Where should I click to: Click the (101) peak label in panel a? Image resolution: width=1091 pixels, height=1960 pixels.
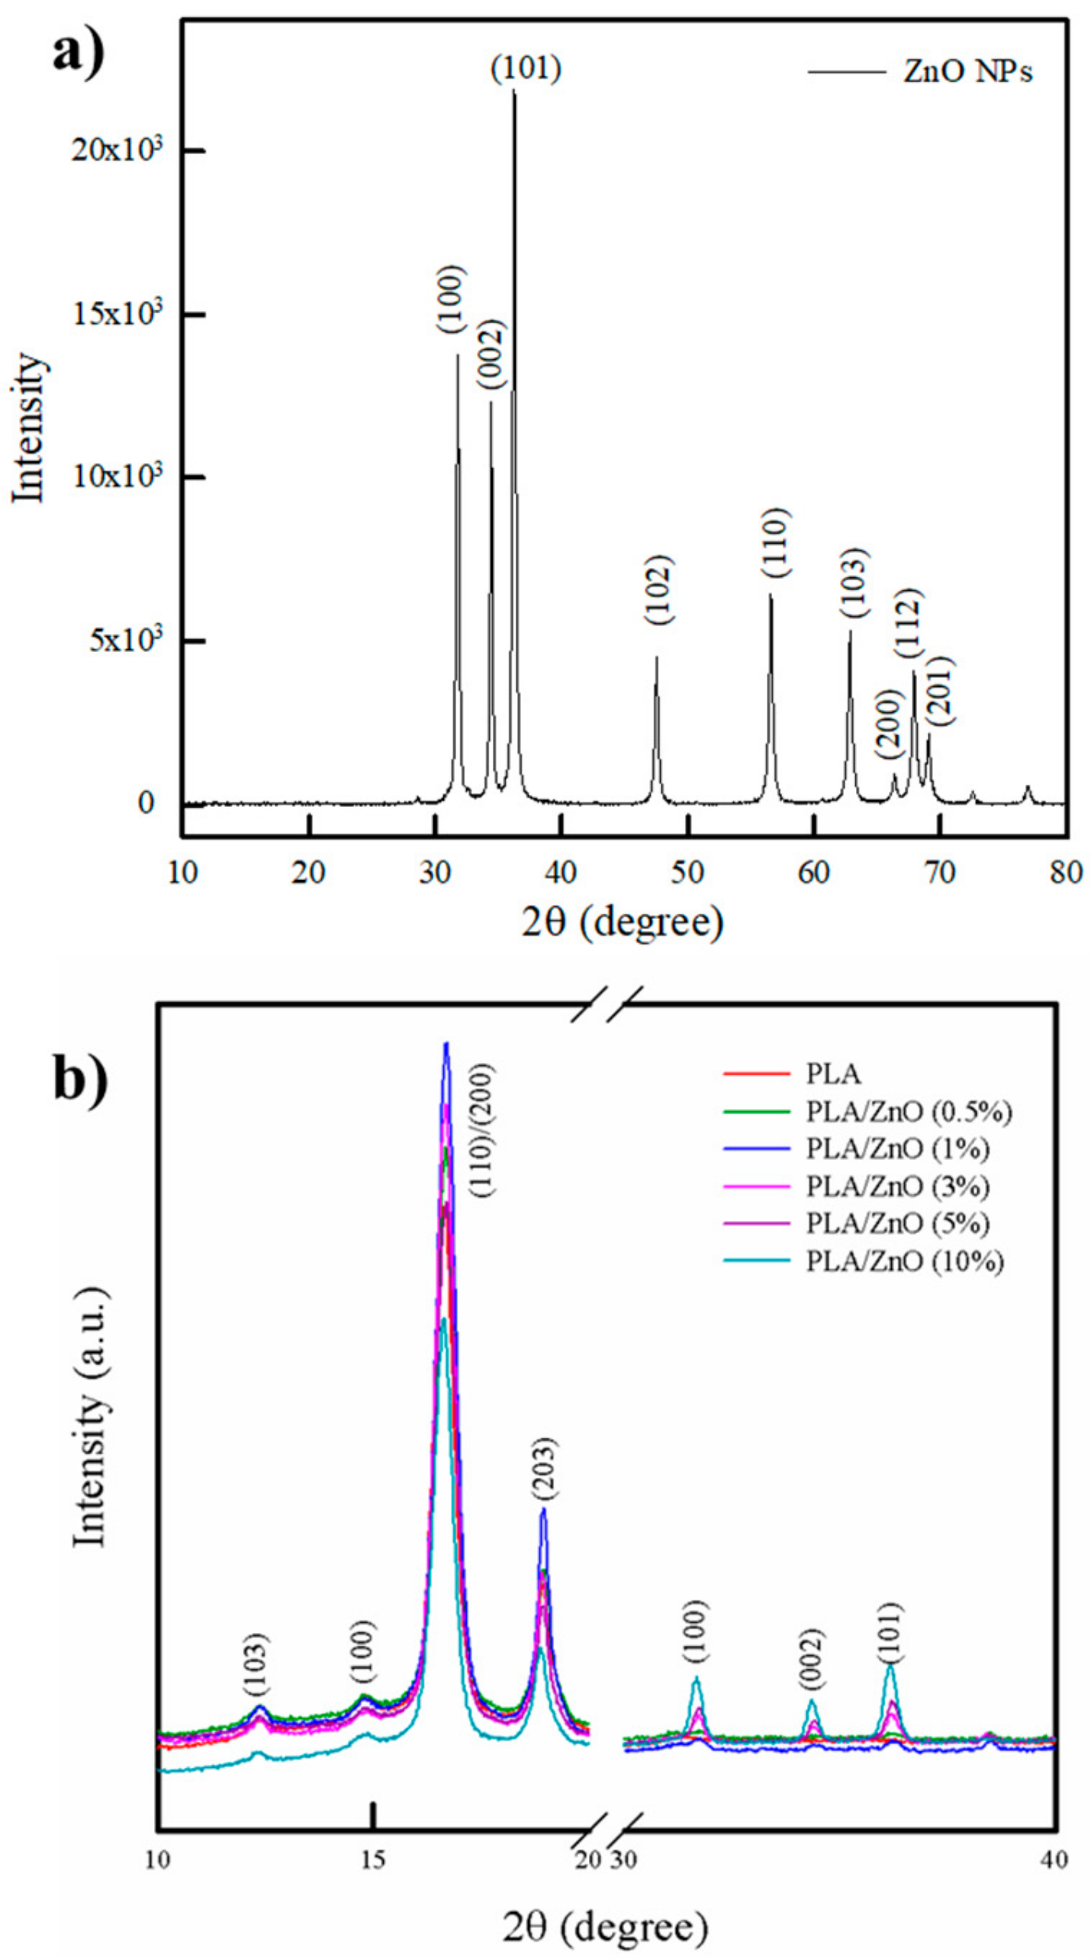click(x=526, y=69)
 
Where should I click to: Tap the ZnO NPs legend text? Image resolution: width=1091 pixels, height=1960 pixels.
click(x=967, y=72)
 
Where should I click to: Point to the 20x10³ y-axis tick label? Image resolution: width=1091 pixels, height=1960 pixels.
click(x=117, y=150)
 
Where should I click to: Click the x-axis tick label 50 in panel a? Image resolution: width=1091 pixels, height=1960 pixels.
click(x=687, y=872)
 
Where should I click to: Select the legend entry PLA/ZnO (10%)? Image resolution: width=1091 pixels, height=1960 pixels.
click(x=905, y=1261)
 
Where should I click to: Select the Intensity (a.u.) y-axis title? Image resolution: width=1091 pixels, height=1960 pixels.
click(x=89, y=1419)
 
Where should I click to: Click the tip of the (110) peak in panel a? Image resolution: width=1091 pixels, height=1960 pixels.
click(x=771, y=596)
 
